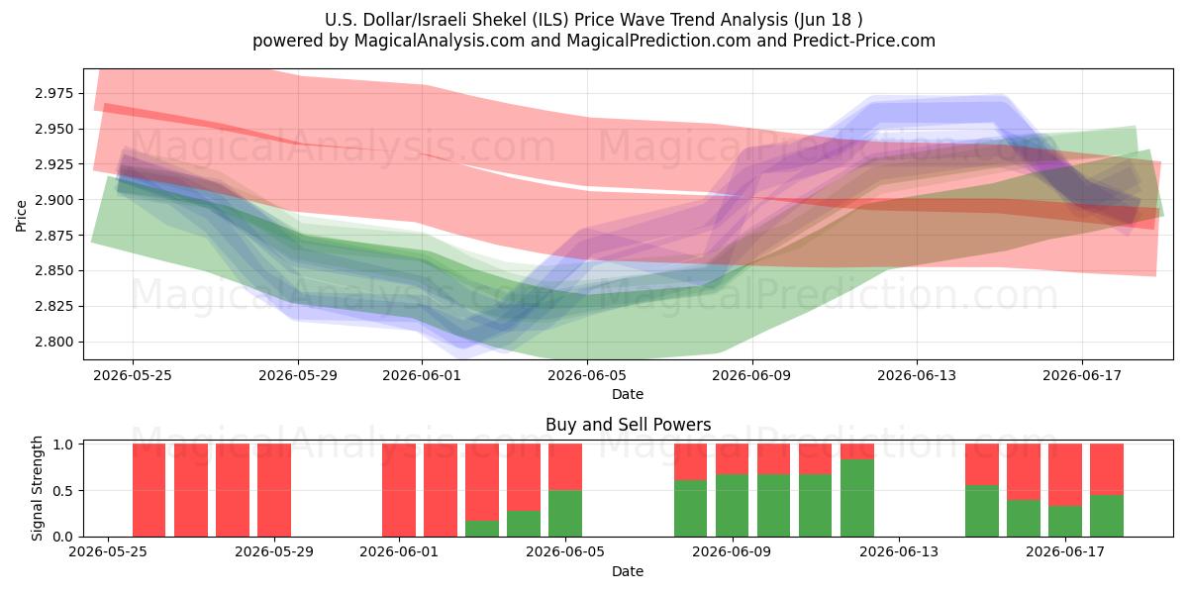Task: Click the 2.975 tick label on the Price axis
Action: (54, 94)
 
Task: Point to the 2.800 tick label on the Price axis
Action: (54, 343)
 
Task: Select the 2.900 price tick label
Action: (54, 200)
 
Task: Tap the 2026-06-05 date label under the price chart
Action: (586, 375)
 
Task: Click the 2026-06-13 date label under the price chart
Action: (917, 375)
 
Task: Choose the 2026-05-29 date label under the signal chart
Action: (274, 552)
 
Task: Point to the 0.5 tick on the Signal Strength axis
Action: (63, 491)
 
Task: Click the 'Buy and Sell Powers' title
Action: (628, 425)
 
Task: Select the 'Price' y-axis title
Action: (21, 216)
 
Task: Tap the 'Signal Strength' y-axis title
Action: (37, 488)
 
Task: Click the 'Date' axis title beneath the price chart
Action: (628, 394)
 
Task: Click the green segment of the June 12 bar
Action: (857, 498)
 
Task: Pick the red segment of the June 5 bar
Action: (565, 466)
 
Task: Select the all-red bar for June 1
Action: (399, 490)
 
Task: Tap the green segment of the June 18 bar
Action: (1107, 516)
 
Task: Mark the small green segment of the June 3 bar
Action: (482, 529)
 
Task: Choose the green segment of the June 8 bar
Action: (691, 509)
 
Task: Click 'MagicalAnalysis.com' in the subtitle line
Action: (440, 41)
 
